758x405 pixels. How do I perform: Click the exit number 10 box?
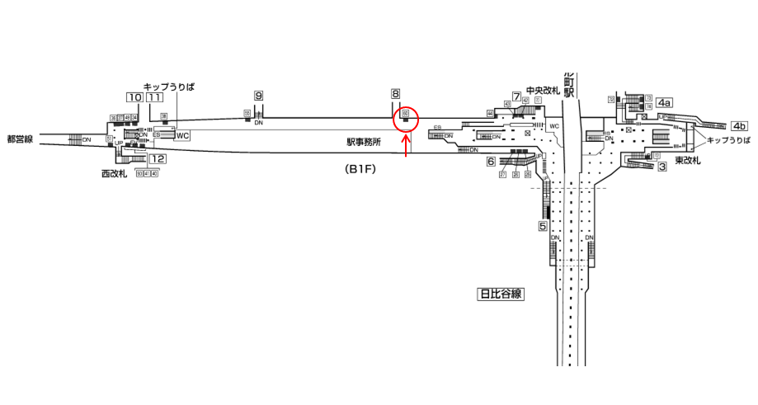(134, 97)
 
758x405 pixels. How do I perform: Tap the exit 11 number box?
(155, 97)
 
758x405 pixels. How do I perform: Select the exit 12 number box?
(158, 159)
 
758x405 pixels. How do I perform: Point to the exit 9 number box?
(258, 97)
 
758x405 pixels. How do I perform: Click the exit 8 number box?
(396, 94)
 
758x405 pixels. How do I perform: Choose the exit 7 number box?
(516, 97)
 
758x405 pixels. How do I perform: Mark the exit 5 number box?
(544, 225)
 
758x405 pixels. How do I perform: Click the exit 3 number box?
(662, 167)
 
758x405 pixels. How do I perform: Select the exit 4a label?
(664, 102)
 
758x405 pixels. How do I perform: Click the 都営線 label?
(18, 139)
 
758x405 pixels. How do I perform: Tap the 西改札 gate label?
(114, 174)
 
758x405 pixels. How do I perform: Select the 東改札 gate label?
(687, 159)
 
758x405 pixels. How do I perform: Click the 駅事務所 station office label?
(364, 142)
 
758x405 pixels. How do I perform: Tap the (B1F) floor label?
(360, 169)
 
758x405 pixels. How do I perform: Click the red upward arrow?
(406, 147)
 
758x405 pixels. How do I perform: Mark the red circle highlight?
(406, 118)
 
